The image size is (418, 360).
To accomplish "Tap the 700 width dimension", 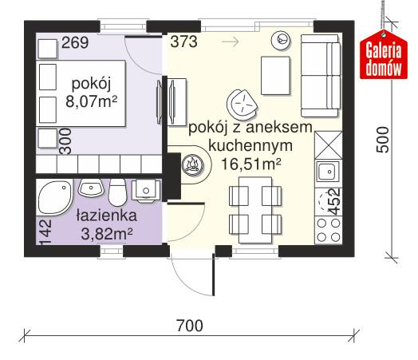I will click(189, 326).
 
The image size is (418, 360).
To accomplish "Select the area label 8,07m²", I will click(93, 102).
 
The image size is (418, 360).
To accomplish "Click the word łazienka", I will click(104, 216).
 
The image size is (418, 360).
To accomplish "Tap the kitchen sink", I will click(326, 171).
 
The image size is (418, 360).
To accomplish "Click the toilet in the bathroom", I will click(117, 192).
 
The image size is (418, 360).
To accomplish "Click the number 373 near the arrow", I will click(183, 42).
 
